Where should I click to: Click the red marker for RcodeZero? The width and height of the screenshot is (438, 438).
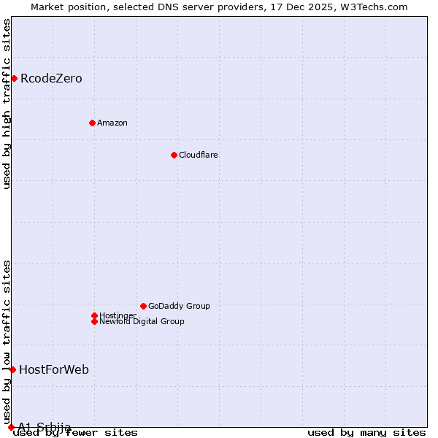pos(14,78)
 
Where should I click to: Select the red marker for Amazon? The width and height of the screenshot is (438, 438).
pos(92,123)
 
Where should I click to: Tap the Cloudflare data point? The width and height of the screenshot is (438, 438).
pos(174,155)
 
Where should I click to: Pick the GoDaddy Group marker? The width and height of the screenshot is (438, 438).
pos(143,306)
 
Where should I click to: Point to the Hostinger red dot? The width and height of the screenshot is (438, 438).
pos(94,315)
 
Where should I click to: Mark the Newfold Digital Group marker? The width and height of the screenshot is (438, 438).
pos(94,321)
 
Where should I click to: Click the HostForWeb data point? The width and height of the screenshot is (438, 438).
pos(12,369)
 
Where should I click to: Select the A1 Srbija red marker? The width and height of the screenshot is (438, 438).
pos(11,427)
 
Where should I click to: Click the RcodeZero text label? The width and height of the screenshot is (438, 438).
pos(51,78)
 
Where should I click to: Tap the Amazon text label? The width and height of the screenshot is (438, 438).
pos(112,123)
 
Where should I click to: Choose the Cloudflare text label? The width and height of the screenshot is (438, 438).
pos(198,155)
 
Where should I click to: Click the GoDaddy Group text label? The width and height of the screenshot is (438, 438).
pos(179,306)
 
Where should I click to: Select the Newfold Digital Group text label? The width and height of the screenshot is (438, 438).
pos(142,321)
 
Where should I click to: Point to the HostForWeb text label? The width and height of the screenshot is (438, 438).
pos(54,369)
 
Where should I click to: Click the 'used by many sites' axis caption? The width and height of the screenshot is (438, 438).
pos(366,432)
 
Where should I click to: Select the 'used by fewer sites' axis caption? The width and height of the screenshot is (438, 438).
pos(76,432)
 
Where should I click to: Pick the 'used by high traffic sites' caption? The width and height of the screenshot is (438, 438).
pos(7,104)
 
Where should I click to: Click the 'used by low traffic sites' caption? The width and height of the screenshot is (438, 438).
pos(7,342)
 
